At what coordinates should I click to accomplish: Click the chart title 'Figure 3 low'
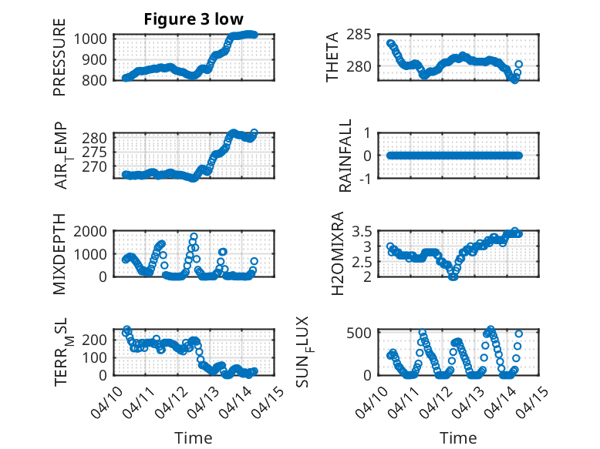(x=193, y=20)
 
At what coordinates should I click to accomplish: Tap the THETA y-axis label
(x=332, y=58)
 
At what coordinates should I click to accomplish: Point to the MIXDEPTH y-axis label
(x=59, y=254)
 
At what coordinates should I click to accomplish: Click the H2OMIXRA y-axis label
(x=337, y=254)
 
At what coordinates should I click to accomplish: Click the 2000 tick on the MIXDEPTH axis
(x=94, y=231)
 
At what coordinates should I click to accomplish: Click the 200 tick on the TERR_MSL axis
(x=97, y=339)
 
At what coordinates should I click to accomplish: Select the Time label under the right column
(x=458, y=437)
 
